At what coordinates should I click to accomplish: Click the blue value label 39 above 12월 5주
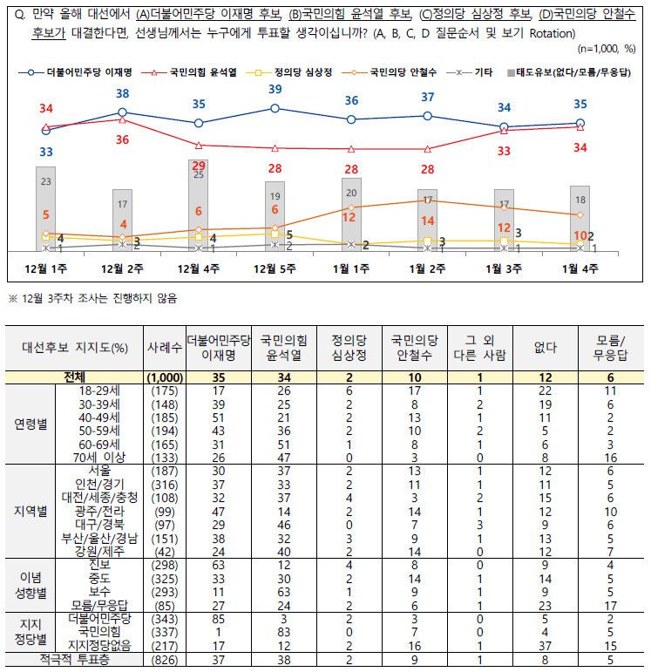click(275, 90)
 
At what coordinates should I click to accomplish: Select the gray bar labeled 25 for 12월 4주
click(198, 206)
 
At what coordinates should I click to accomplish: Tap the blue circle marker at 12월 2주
click(122, 112)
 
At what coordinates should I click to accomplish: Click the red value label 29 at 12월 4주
click(198, 166)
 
